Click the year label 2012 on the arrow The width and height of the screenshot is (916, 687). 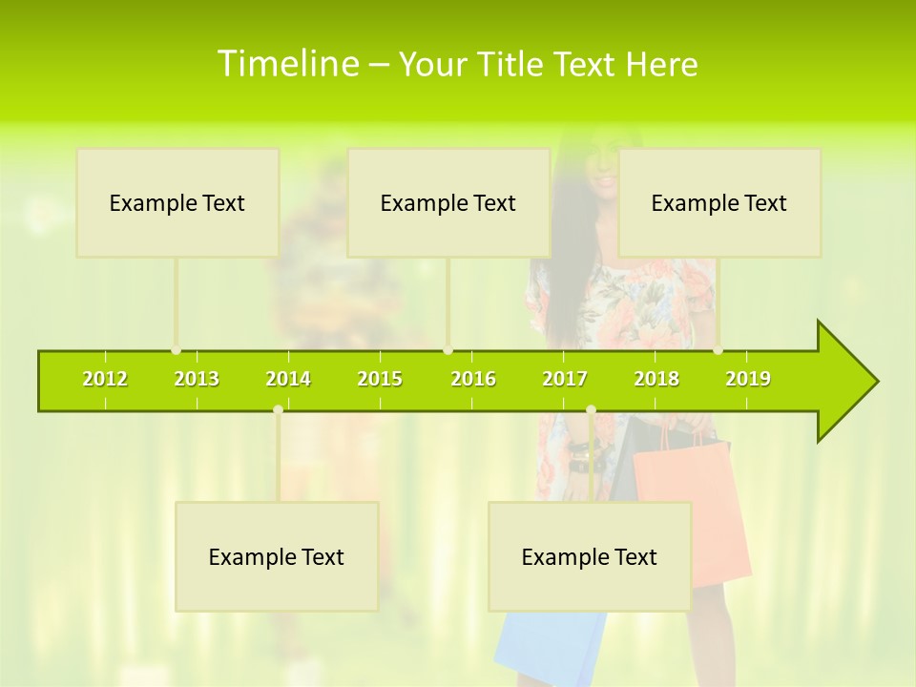105,379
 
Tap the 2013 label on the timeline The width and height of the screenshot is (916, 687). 197,379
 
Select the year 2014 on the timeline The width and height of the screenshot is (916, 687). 288,379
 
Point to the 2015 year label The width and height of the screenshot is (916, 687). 380,379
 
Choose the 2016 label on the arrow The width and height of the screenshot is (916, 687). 473,379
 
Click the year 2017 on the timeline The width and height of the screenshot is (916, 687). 565,379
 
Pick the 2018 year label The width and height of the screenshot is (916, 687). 656,379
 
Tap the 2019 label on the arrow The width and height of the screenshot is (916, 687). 748,379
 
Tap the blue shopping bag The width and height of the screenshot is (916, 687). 549,649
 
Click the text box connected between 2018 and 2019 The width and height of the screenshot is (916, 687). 719,202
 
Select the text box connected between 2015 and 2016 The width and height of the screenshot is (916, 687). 448,202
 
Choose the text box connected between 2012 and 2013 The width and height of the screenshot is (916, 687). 177,202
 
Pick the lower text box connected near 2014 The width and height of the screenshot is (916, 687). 277,556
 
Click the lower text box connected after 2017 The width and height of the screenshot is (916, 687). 590,556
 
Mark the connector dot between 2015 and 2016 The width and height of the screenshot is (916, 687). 448,350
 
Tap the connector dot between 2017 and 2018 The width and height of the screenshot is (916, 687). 591,410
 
